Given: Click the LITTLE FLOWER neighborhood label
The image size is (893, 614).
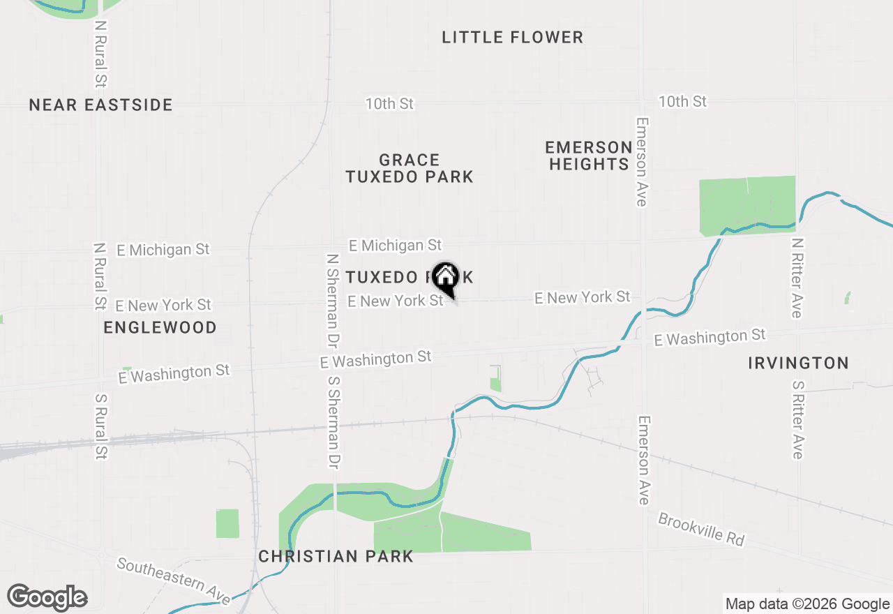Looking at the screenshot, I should pyautogui.click(x=512, y=37).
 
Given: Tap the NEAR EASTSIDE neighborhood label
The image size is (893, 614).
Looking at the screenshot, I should pyautogui.click(x=100, y=105).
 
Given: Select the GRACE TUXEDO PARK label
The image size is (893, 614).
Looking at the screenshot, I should pyautogui.click(x=410, y=169).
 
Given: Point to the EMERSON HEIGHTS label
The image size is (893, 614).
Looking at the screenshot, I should pyautogui.click(x=589, y=156).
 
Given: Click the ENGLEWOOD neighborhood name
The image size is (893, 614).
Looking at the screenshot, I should pyautogui.click(x=160, y=327).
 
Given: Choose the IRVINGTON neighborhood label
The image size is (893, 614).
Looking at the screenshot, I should pyautogui.click(x=798, y=363).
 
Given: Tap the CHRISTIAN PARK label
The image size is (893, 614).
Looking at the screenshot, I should pyautogui.click(x=336, y=556).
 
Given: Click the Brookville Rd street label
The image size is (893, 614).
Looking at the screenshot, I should pyautogui.click(x=701, y=530).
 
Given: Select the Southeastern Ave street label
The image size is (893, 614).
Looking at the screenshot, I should pyautogui.click(x=173, y=581).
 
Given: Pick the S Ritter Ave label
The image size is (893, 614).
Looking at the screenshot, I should pyautogui.click(x=798, y=419).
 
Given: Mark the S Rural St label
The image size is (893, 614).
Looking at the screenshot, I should pyautogui.click(x=101, y=426).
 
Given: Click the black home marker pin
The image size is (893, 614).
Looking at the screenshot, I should pyautogui.click(x=445, y=278).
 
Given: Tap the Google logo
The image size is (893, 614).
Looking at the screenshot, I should pyautogui.click(x=47, y=597).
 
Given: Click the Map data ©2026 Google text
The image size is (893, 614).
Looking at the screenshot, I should pyautogui.click(x=807, y=604).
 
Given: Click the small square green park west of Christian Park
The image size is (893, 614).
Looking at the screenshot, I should pyautogui.click(x=227, y=523).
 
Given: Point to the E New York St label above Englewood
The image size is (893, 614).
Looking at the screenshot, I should pyautogui.click(x=163, y=305).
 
